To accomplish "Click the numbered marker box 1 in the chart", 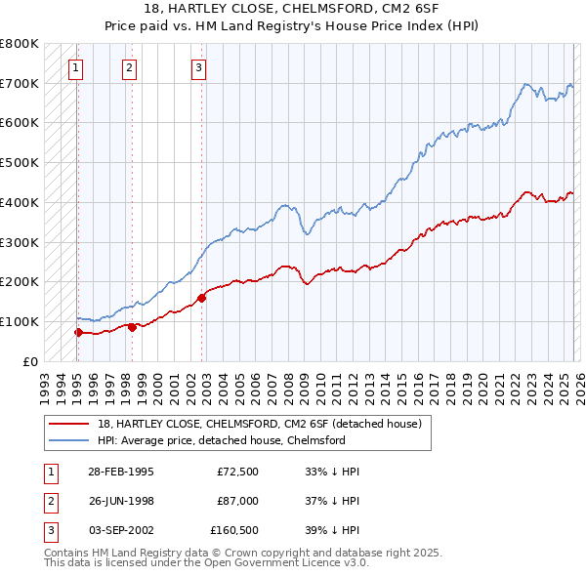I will [x=76, y=68].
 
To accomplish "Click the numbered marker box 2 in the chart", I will [x=130, y=68].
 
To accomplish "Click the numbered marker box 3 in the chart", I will [x=198, y=68].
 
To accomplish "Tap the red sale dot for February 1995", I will [x=78, y=332].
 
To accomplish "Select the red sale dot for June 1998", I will [x=132, y=327].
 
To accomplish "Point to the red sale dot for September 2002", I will [x=201, y=298].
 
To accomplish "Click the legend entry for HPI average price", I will [x=221, y=440].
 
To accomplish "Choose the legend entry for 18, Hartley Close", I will [x=259, y=424].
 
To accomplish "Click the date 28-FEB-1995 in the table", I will [x=120, y=471].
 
